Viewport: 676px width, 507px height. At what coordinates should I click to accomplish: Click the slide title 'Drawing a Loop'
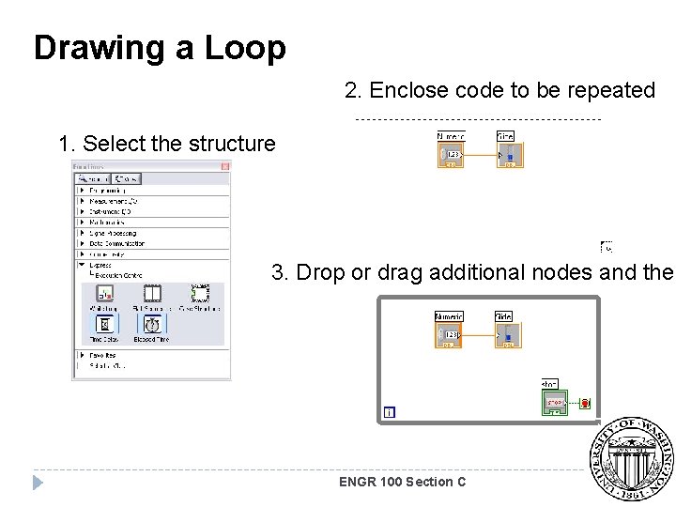coord(160,47)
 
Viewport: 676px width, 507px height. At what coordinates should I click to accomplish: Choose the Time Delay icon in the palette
coord(103,325)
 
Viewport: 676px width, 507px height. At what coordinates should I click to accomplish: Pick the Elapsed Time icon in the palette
coord(150,325)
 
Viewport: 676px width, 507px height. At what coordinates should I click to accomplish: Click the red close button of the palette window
coord(225,166)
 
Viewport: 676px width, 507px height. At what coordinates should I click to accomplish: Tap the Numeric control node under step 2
coord(452,151)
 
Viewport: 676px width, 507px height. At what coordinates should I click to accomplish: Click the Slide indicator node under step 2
coord(509,151)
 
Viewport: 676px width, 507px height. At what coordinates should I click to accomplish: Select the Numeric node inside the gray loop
coord(449,331)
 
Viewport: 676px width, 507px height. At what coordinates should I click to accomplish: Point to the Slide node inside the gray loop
coord(507,331)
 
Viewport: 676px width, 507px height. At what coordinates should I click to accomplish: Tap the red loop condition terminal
coord(584,403)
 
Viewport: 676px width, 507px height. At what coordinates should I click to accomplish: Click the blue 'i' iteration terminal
coord(389,412)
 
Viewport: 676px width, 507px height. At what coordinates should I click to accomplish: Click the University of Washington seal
coord(631,459)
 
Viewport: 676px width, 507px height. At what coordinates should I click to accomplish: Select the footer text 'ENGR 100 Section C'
coord(402,482)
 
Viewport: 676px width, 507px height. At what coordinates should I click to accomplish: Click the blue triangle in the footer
coord(38,483)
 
